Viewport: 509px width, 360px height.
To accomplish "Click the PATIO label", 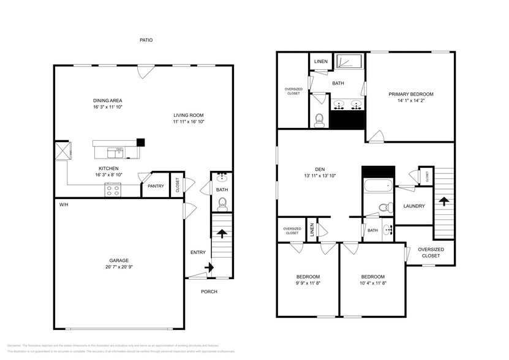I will pyautogui.click(x=145, y=40).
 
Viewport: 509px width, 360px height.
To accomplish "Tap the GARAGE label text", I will pyautogui.click(x=119, y=260).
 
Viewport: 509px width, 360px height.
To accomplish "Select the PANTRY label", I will pyautogui.click(x=156, y=186).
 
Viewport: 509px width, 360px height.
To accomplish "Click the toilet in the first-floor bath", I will pyautogui.click(x=222, y=203).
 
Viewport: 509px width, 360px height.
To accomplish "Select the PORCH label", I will pyautogui.click(x=209, y=291).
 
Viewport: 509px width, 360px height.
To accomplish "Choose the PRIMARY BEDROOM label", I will pyautogui.click(x=410, y=94).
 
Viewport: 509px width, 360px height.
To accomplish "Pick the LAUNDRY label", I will pyautogui.click(x=414, y=206).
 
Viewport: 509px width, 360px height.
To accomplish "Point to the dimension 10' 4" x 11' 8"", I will pyautogui.click(x=372, y=283).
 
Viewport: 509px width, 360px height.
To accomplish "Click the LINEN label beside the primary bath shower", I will pyautogui.click(x=320, y=62).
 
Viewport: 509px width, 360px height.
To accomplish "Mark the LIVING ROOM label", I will pyautogui.click(x=188, y=115).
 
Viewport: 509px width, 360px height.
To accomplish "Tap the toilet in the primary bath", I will pyautogui.click(x=319, y=121).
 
